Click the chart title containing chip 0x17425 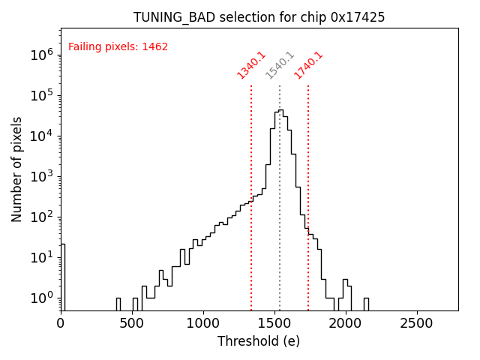coord(259,17)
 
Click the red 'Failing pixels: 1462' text coord(118,47)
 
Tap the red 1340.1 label coord(252,65)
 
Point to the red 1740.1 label coord(308,65)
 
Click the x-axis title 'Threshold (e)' coord(259,341)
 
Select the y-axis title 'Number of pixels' coord(16,169)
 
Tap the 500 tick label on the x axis coord(132,323)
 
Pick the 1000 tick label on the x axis coord(203,323)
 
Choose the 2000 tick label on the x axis coord(345,323)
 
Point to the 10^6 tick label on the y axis coord(39,55)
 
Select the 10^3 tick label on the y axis coord(39,176)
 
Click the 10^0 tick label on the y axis coord(39,298)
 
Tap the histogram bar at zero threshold coord(63,277)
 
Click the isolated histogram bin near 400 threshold coord(118,304)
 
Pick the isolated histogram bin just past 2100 coord(366,304)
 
